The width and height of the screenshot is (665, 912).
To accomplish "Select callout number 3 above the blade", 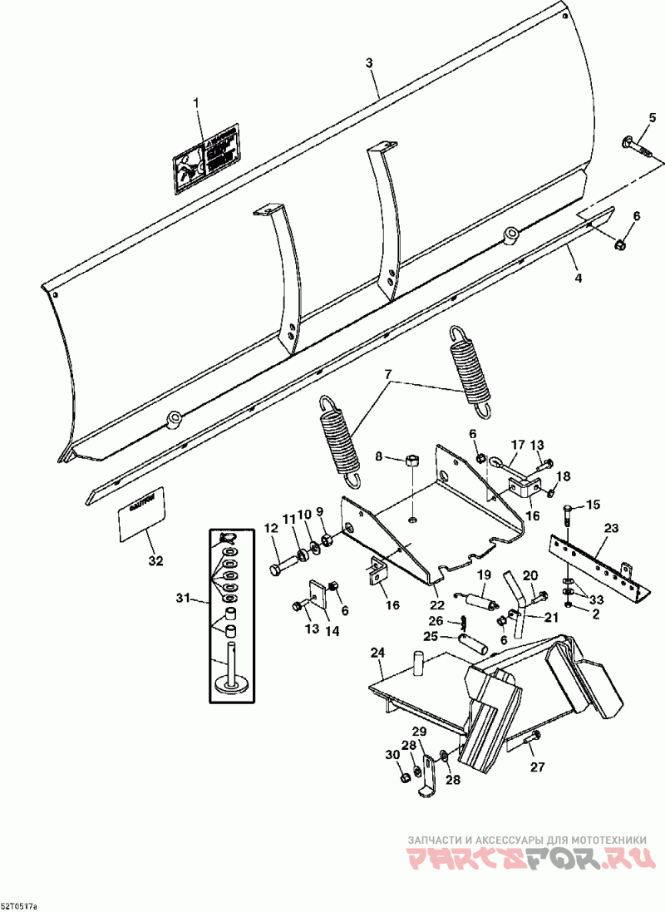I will (x=369, y=64).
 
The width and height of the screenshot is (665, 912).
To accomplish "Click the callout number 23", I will (x=611, y=528).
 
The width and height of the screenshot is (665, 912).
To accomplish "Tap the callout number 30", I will (x=391, y=755).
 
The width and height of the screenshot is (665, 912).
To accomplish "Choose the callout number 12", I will (x=271, y=529).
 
